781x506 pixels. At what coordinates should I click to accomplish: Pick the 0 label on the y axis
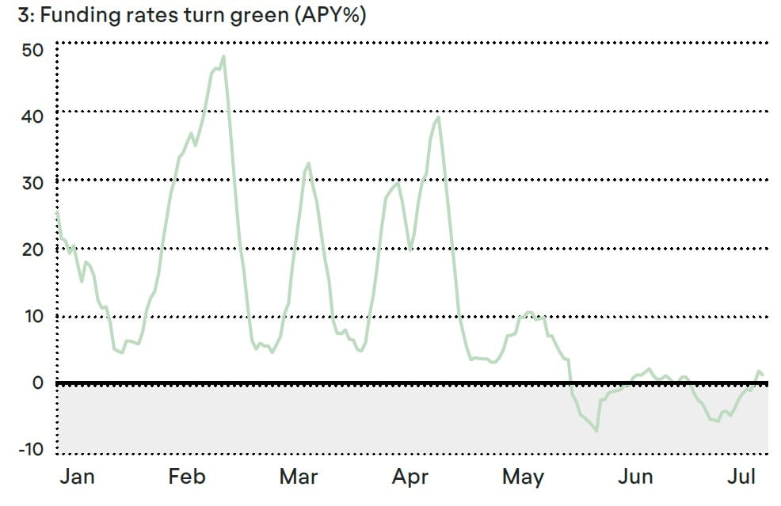tap(38, 383)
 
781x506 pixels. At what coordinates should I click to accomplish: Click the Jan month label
tap(78, 477)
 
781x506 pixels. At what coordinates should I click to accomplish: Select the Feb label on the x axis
tap(187, 477)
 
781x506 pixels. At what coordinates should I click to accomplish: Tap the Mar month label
tap(299, 477)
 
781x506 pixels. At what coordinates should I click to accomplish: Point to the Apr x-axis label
tap(410, 477)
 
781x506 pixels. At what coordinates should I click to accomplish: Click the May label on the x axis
tap(524, 477)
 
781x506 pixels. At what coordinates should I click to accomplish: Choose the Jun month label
tap(636, 477)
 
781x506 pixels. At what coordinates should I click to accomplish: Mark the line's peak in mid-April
tap(438, 117)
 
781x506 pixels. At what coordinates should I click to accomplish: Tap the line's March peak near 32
tap(308, 163)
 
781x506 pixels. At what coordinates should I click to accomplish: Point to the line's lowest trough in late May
tap(596, 430)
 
